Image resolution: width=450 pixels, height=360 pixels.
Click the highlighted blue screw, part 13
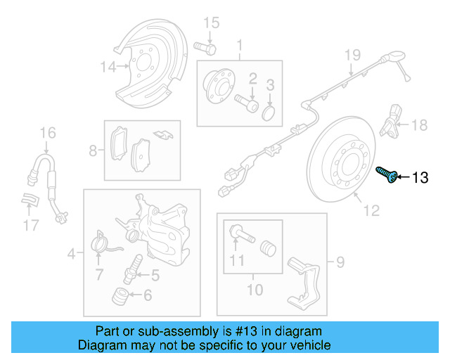point(387,175)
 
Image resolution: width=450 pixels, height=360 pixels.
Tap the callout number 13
point(419,178)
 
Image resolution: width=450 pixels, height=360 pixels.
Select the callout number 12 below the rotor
point(371,210)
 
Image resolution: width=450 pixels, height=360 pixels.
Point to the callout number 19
point(352,55)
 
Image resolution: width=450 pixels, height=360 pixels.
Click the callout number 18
point(419,126)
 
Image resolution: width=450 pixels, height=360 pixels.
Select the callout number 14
point(108,67)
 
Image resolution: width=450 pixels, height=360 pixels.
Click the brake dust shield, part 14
point(151,63)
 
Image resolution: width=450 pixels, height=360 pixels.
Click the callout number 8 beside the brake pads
point(93,150)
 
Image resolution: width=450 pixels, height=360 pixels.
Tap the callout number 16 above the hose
point(46,132)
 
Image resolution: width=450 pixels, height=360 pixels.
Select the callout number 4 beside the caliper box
point(71,252)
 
